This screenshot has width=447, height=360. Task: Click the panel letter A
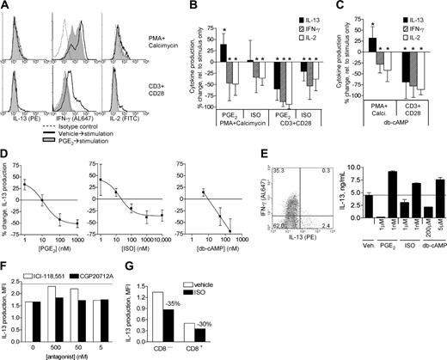[5, 6]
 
